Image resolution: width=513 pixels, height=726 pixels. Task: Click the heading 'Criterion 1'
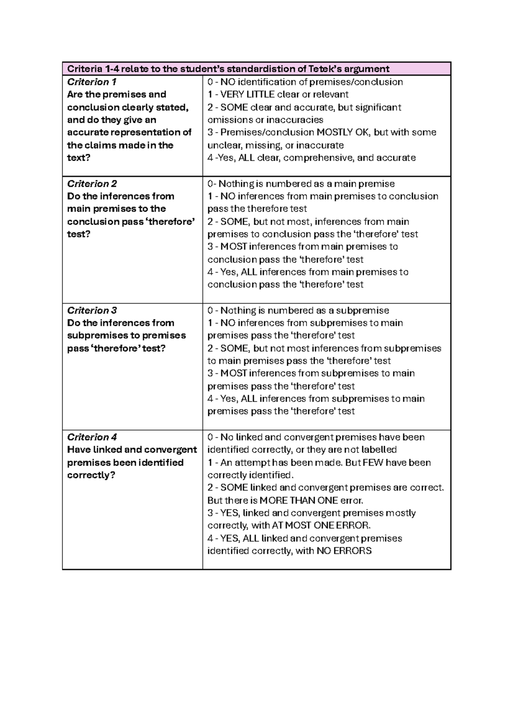(x=91, y=82)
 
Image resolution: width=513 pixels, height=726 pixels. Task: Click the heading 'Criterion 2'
(x=91, y=184)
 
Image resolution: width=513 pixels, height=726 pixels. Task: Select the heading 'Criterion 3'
(x=91, y=310)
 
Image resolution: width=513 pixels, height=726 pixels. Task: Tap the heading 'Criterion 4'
(x=91, y=437)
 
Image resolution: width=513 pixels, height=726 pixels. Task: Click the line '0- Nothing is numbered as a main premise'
(x=301, y=184)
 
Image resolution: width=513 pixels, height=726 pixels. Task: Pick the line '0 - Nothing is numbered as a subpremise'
(x=298, y=310)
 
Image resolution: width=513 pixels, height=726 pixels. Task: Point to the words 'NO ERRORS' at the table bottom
(x=344, y=551)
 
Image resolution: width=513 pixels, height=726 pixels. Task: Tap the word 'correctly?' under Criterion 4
(x=91, y=475)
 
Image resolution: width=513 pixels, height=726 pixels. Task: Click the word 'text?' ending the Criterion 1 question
(x=79, y=158)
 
